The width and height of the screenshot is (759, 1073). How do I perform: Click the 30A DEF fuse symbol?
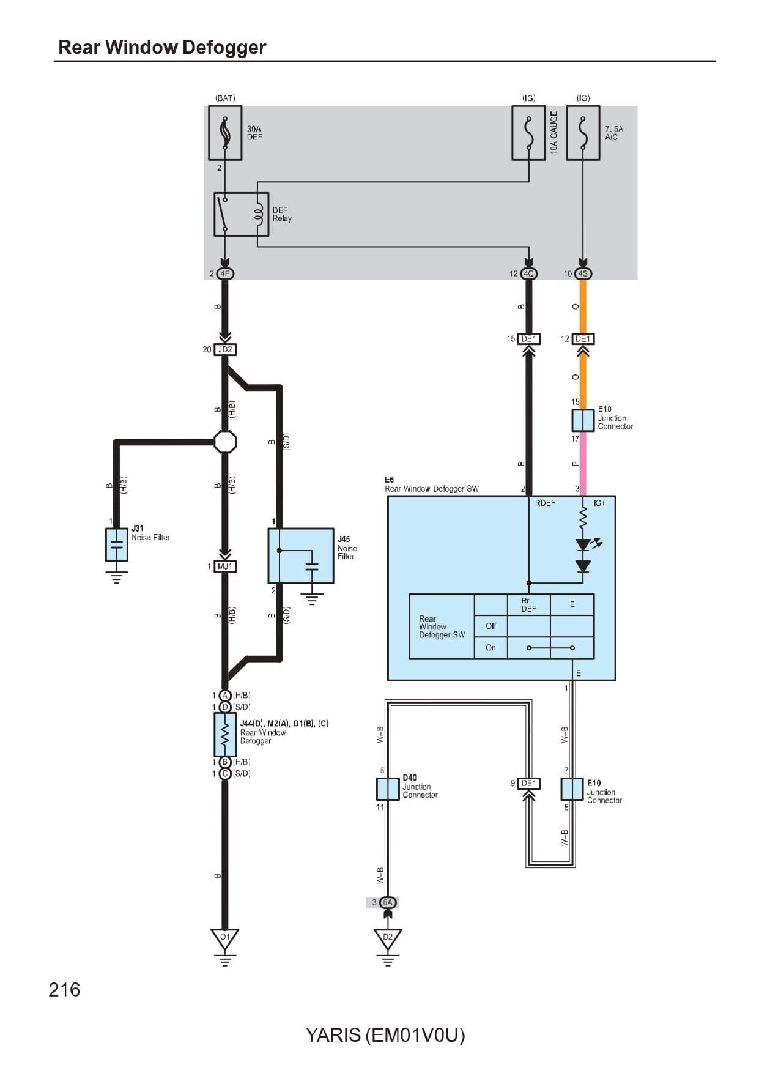coord(225,133)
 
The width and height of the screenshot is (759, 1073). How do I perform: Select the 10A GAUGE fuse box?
coord(528,133)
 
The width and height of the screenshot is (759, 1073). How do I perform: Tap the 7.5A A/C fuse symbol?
coord(583,133)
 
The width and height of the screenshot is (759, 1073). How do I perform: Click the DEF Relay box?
coord(241,214)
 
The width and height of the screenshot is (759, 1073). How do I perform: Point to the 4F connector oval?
coord(225,273)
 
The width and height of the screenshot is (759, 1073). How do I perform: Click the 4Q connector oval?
coord(529,273)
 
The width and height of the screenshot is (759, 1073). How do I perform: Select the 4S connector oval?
coord(583,273)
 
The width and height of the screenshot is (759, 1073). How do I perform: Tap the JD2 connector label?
coord(225,349)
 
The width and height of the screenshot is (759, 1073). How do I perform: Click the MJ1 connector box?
coord(225,566)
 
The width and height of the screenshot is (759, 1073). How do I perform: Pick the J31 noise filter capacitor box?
coord(116,544)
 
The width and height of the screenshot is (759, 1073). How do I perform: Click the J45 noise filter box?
coord(300,555)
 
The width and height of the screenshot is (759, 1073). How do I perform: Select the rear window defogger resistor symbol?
coord(225,734)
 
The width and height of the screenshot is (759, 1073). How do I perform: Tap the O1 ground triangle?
coord(225,938)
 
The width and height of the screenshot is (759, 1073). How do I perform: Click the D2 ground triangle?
coord(388,938)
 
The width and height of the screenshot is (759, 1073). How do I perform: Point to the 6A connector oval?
coord(388,902)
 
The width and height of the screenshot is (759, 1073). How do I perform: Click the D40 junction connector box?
coord(388,789)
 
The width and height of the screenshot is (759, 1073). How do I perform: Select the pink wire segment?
coord(583,464)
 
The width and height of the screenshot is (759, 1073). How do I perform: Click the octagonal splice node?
coord(225,441)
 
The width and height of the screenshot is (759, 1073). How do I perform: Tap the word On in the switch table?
coord(491,647)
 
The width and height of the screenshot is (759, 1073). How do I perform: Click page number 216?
coord(64,989)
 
